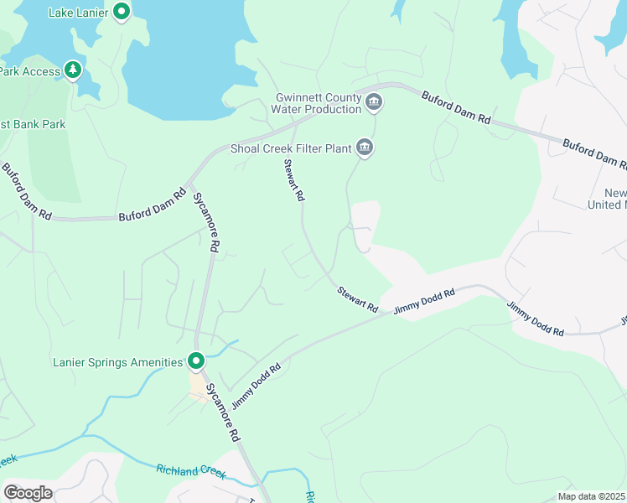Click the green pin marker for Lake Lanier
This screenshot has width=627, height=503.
[122, 12]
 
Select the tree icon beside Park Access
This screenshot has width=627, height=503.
[74, 70]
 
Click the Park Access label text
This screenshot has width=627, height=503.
[29, 71]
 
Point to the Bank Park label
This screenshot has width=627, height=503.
[33, 124]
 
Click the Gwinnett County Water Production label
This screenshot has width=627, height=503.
[318, 103]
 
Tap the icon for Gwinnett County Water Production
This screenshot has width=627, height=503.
[374, 103]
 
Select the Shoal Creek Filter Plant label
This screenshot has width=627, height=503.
[290, 149]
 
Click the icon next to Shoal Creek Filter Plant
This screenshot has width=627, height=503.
[364, 148]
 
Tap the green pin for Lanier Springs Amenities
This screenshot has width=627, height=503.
[196, 361]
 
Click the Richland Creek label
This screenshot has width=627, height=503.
[191, 470]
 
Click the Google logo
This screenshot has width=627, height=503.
[28, 492]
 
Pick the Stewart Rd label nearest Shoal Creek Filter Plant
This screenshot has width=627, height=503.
[293, 180]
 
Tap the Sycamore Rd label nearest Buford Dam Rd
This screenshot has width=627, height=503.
[206, 222]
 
